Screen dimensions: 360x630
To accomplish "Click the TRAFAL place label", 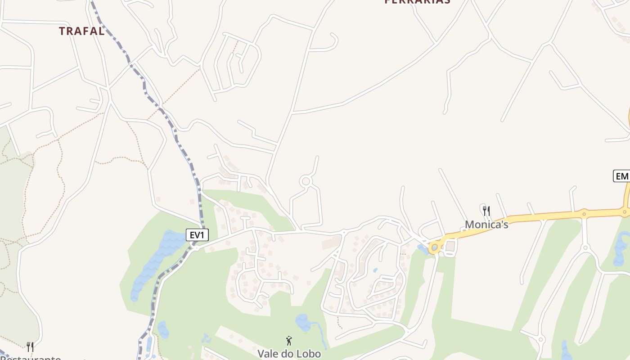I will click(82, 31).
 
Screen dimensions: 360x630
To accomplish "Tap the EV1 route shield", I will click(197, 235).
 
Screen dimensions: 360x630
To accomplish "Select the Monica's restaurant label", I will click(486, 225).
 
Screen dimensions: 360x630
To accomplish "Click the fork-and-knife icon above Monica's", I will click(486, 211).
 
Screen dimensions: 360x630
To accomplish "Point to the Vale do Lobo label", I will click(289, 354).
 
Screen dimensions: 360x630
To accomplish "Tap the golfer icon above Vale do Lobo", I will click(289, 341).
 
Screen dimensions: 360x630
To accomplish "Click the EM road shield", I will click(622, 176).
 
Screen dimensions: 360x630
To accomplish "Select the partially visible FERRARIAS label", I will click(417, 2).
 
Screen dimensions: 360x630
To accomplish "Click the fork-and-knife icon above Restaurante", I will click(30, 347).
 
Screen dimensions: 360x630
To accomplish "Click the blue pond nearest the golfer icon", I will click(304, 323).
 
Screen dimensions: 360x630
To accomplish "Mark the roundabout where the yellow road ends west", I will click(434, 247).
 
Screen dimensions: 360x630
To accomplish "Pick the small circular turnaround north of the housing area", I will click(306, 181).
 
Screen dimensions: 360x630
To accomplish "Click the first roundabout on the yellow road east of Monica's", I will click(584, 212).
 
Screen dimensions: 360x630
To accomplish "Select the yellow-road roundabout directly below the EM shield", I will click(625, 211).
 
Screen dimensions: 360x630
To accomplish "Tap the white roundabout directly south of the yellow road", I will click(585, 247).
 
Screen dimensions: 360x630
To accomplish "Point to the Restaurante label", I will click(31, 358).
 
